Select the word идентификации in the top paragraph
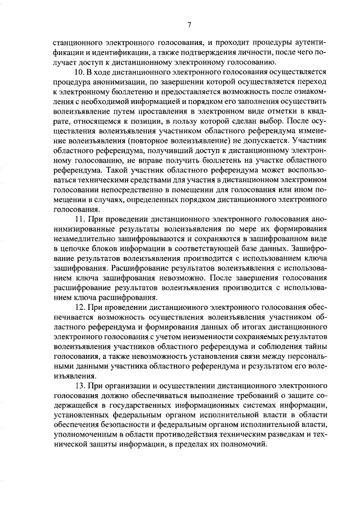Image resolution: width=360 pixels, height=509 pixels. point(92,51)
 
